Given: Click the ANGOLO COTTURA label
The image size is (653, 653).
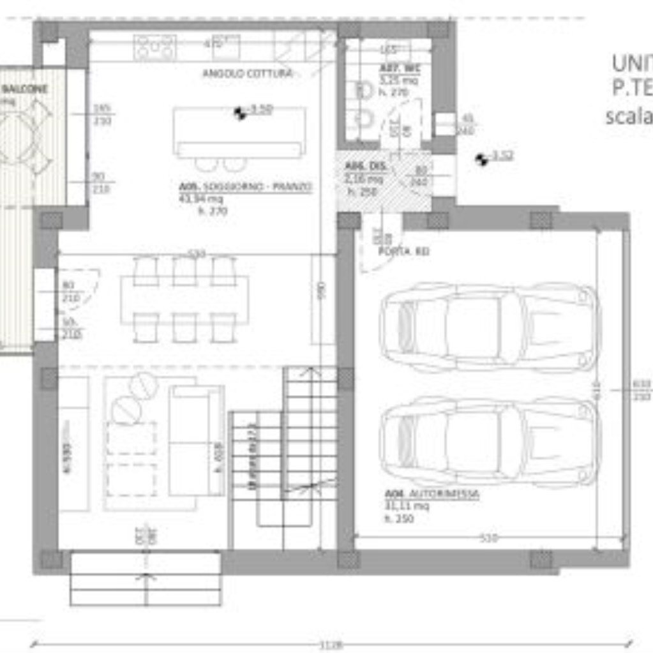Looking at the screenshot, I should tap(248, 74).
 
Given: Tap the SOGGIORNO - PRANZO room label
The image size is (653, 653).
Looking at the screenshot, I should tap(246, 188).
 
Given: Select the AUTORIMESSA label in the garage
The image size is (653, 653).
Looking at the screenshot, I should tap(432, 495).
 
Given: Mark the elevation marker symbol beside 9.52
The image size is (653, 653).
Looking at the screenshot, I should tap(482, 159).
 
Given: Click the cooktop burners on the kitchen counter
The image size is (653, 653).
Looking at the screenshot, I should tap(155, 47).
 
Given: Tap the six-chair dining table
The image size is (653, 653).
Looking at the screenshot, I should tap(184, 299).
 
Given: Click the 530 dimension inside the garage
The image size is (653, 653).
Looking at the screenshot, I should tap(488, 538).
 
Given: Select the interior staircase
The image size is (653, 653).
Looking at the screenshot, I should tap(284, 447).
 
